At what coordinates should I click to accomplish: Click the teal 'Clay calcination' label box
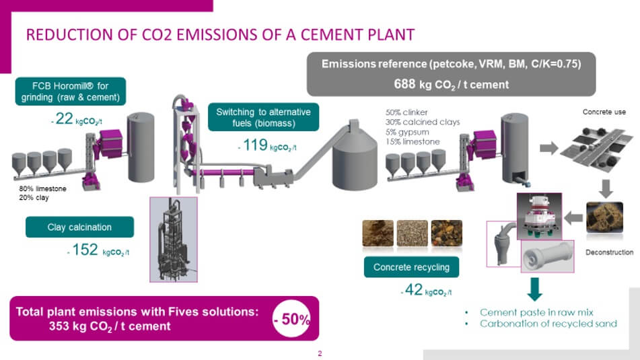[79, 227]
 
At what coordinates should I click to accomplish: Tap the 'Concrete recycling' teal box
[411, 267]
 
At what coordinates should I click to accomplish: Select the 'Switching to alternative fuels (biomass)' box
[263, 117]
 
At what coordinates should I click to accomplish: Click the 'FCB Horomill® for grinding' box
[71, 92]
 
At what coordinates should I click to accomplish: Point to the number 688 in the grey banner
[404, 84]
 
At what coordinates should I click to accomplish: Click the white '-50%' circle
[291, 318]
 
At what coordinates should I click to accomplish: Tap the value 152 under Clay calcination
[85, 250]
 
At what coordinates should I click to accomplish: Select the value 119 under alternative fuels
[255, 145]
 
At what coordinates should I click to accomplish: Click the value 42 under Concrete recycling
[413, 289]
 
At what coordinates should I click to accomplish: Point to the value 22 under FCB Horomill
[64, 118]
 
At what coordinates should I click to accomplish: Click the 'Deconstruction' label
[610, 252]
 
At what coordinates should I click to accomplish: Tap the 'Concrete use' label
[604, 112]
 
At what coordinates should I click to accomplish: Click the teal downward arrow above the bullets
[535, 289]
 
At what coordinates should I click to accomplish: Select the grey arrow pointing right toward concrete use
[549, 148]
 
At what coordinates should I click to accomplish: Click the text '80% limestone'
[42, 188]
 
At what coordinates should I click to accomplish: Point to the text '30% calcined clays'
[423, 122]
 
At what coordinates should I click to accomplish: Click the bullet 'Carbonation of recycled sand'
[548, 324]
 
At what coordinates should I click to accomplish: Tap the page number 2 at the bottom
[320, 353]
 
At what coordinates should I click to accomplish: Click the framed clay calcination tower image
[174, 240]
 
